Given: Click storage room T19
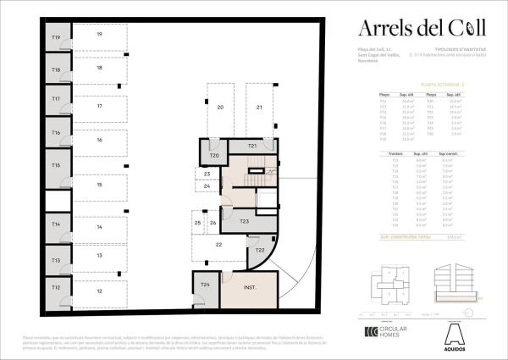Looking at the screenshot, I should pos(56,37).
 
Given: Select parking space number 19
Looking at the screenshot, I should pos(99,35).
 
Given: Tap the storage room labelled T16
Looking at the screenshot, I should pos(56,133).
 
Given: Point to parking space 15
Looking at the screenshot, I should pos(99,184).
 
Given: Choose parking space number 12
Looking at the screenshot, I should pos(99,291).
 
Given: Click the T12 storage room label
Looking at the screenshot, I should pos(56,288).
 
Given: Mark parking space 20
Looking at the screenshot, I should pos(219,108).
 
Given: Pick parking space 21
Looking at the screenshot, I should pos(260,108).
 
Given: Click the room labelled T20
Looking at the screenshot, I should pos(214,155).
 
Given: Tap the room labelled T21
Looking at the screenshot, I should pos(252,147).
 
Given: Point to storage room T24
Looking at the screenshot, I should pos(206,285).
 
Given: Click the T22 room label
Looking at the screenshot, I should pos(260,251).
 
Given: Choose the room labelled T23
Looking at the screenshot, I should pos(243,221).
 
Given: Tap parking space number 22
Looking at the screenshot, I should pos(218,245).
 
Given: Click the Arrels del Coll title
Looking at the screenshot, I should pos(421,28).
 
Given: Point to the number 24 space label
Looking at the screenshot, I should pos(207,186).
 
